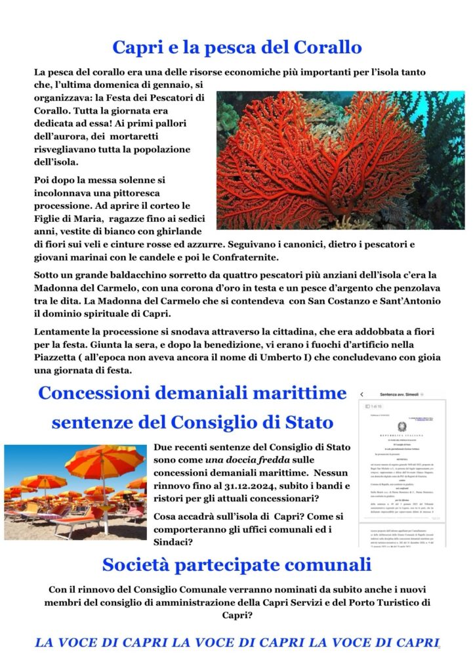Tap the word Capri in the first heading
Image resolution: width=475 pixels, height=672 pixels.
tap(136, 47)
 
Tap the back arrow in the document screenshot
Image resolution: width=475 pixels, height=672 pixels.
tap(361, 394)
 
